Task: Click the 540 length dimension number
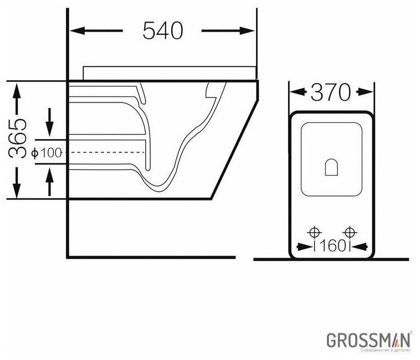point(162,31)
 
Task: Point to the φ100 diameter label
point(47,153)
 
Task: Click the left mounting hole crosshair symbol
point(314,232)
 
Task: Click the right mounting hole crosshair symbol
point(350,232)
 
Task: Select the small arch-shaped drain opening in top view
point(331,167)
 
